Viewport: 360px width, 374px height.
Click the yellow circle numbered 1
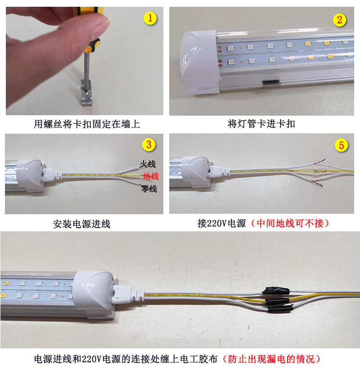tap(150, 18)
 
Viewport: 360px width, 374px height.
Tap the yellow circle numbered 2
tap(339, 19)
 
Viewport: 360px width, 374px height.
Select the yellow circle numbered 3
tap(149, 144)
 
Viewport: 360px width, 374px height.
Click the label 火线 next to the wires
tap(148, 165)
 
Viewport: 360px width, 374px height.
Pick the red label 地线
tap(150, 176)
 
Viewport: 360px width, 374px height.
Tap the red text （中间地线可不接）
tap(288, 223)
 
